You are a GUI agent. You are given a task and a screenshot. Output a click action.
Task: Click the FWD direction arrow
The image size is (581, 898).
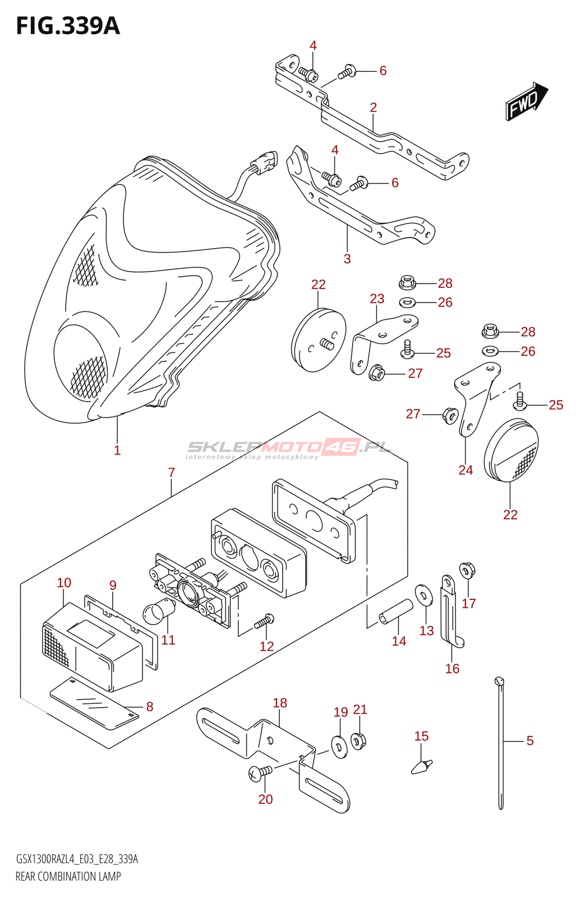point(526,101)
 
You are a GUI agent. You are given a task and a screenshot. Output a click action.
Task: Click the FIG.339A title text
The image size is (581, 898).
point(68,26)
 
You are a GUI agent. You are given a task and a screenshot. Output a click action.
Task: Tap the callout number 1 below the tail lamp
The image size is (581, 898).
point(117,450)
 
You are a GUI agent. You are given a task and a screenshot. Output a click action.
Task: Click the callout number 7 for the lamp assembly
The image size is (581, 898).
point(172,473)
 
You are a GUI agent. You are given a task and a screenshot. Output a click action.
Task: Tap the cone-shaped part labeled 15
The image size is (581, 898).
point(422,765)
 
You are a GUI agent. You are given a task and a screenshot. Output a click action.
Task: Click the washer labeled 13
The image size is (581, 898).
point(425,595)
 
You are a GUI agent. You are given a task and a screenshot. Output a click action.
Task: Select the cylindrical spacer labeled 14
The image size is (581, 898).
point(396,612)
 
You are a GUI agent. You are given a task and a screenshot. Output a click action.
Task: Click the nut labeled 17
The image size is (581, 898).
point(467,571)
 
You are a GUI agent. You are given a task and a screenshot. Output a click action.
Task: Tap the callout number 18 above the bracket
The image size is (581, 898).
point(280,703)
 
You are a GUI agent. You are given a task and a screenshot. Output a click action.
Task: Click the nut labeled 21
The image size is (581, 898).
point(359,740)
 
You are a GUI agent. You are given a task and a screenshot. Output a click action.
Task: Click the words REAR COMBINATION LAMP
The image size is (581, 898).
point(68,876)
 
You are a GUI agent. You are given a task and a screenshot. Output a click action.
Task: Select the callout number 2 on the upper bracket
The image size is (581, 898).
point(374,107)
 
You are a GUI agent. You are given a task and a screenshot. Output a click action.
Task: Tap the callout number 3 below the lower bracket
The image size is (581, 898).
point(347,259)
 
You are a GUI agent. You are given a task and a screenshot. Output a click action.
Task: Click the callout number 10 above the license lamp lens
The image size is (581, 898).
point(64,583)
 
